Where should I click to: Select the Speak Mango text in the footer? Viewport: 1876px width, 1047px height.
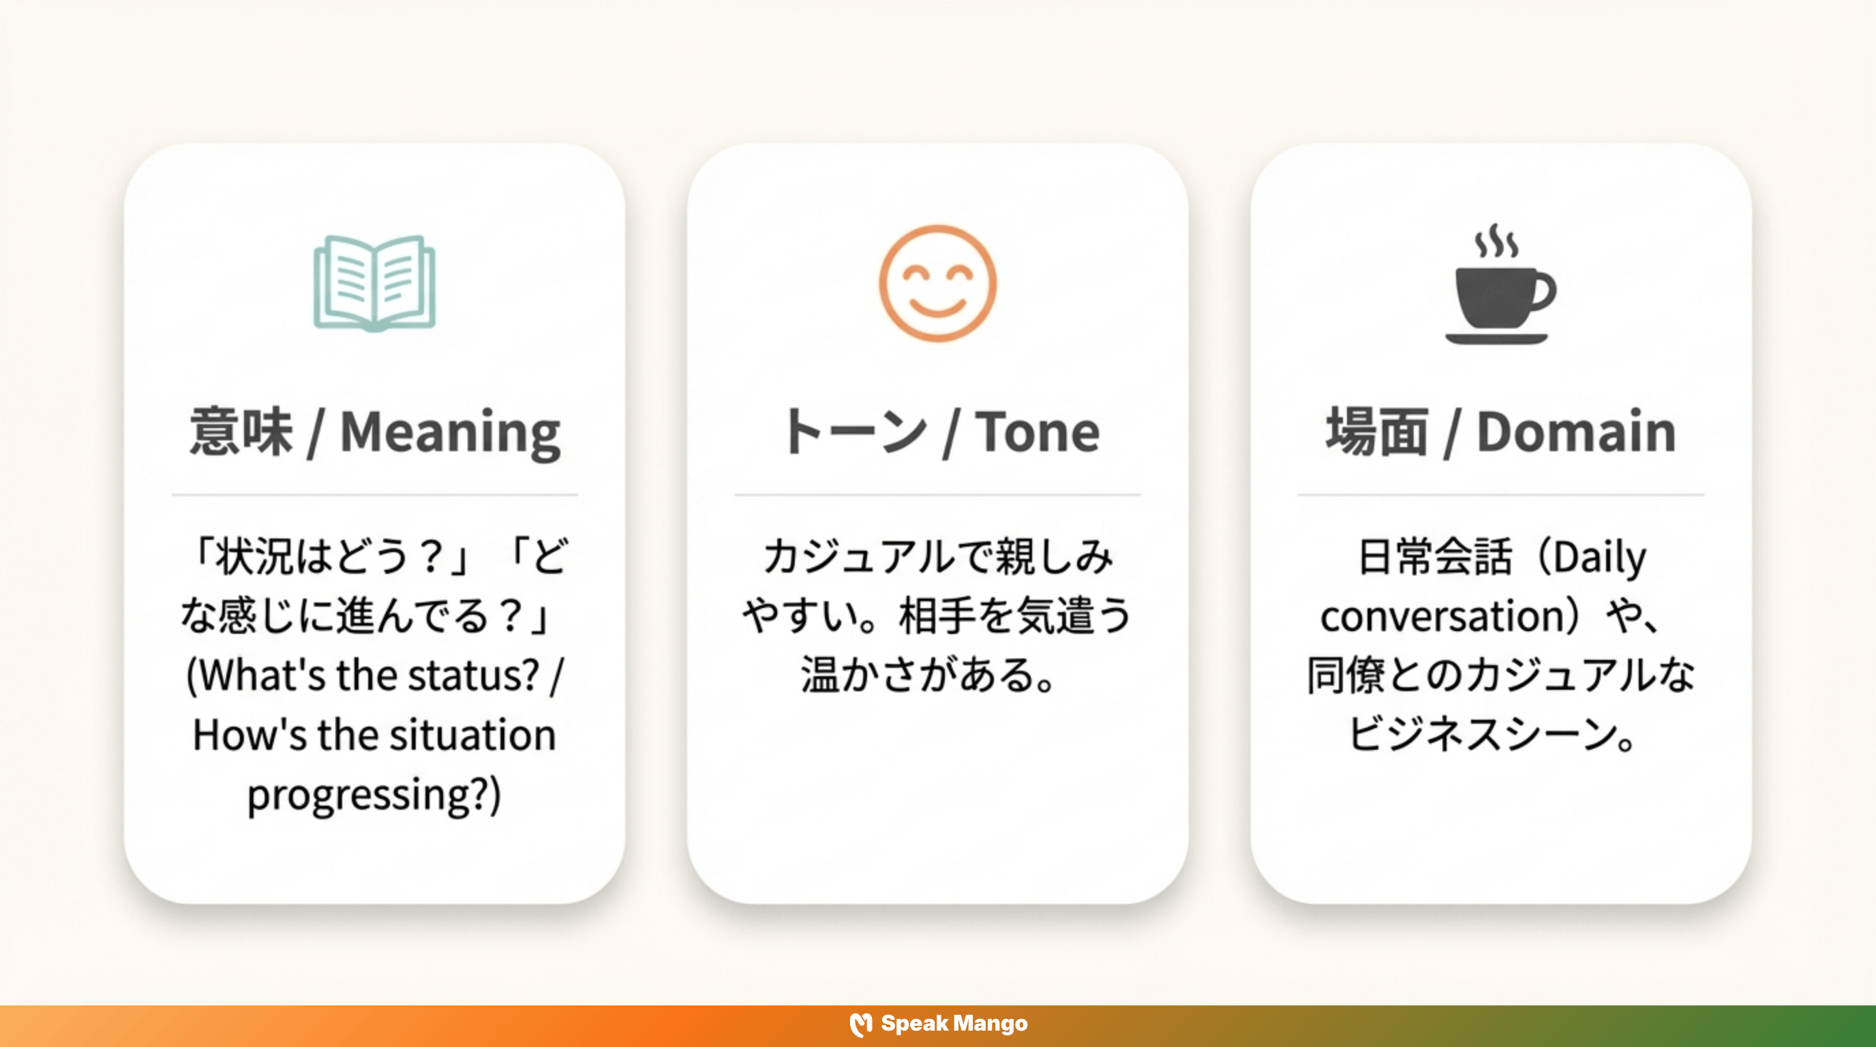click(954, 1024)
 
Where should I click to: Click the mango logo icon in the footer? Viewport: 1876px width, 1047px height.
click(861, 1025)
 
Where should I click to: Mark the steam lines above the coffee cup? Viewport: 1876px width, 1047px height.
click(1496, 241)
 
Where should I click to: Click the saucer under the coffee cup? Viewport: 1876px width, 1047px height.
click(1496, 339)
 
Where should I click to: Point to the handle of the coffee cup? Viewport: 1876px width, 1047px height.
click(1544, 291)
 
